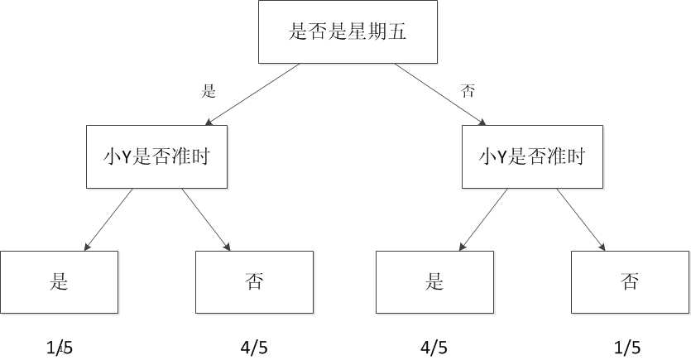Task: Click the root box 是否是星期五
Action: (348, 32)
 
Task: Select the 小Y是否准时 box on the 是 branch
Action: (156, 156)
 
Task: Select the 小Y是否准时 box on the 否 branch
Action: (532, 156)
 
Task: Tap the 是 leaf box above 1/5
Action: (59, 281)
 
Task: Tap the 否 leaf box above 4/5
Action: (254, 281)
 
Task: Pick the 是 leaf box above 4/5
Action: (434, 281)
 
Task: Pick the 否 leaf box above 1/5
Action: (630, 281)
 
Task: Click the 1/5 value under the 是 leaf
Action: (60, 348)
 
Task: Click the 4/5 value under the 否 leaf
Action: (252, 348)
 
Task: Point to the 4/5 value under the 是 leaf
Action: (434, 348)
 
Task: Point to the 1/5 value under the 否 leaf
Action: (626, 348)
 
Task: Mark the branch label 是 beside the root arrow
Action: (209, 91)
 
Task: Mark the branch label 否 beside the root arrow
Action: (468, 91)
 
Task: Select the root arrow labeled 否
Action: (439, 94)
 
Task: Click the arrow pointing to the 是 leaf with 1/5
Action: (108, 219)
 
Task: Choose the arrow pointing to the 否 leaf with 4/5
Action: (205, 219)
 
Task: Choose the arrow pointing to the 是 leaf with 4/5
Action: (483, 219)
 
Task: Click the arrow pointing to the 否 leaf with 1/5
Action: (581, 219)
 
